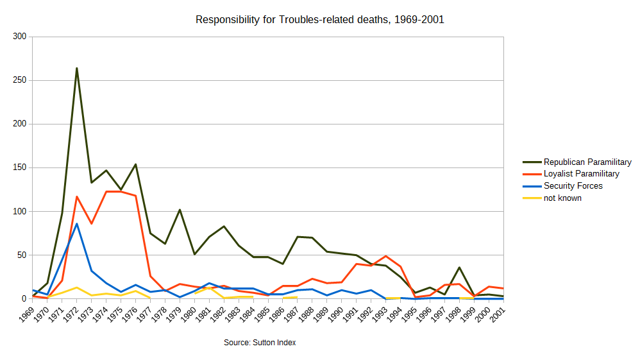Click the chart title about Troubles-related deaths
click(x=319, y=20)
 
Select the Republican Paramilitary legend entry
click(x=587, y=162)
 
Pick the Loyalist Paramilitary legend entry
click(x=581, y=174)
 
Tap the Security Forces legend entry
click(x=573, y=186)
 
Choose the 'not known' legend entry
click(x=562, y=198)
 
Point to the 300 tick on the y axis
click(x=19, y=37)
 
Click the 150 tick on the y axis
click(x=19, y=167)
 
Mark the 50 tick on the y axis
click(x=21, y=255)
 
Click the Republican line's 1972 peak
click(x=76, y=68)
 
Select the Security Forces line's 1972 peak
click(x=76, y=223)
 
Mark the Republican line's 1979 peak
click(x=180, y=210)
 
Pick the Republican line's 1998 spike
click(x=459, y=268)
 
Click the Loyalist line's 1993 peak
click(x=386, y=256)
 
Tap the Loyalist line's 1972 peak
click(x=76, y=196)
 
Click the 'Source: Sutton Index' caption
click(x=260, y=343)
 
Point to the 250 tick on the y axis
click(x=19, y=80)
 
